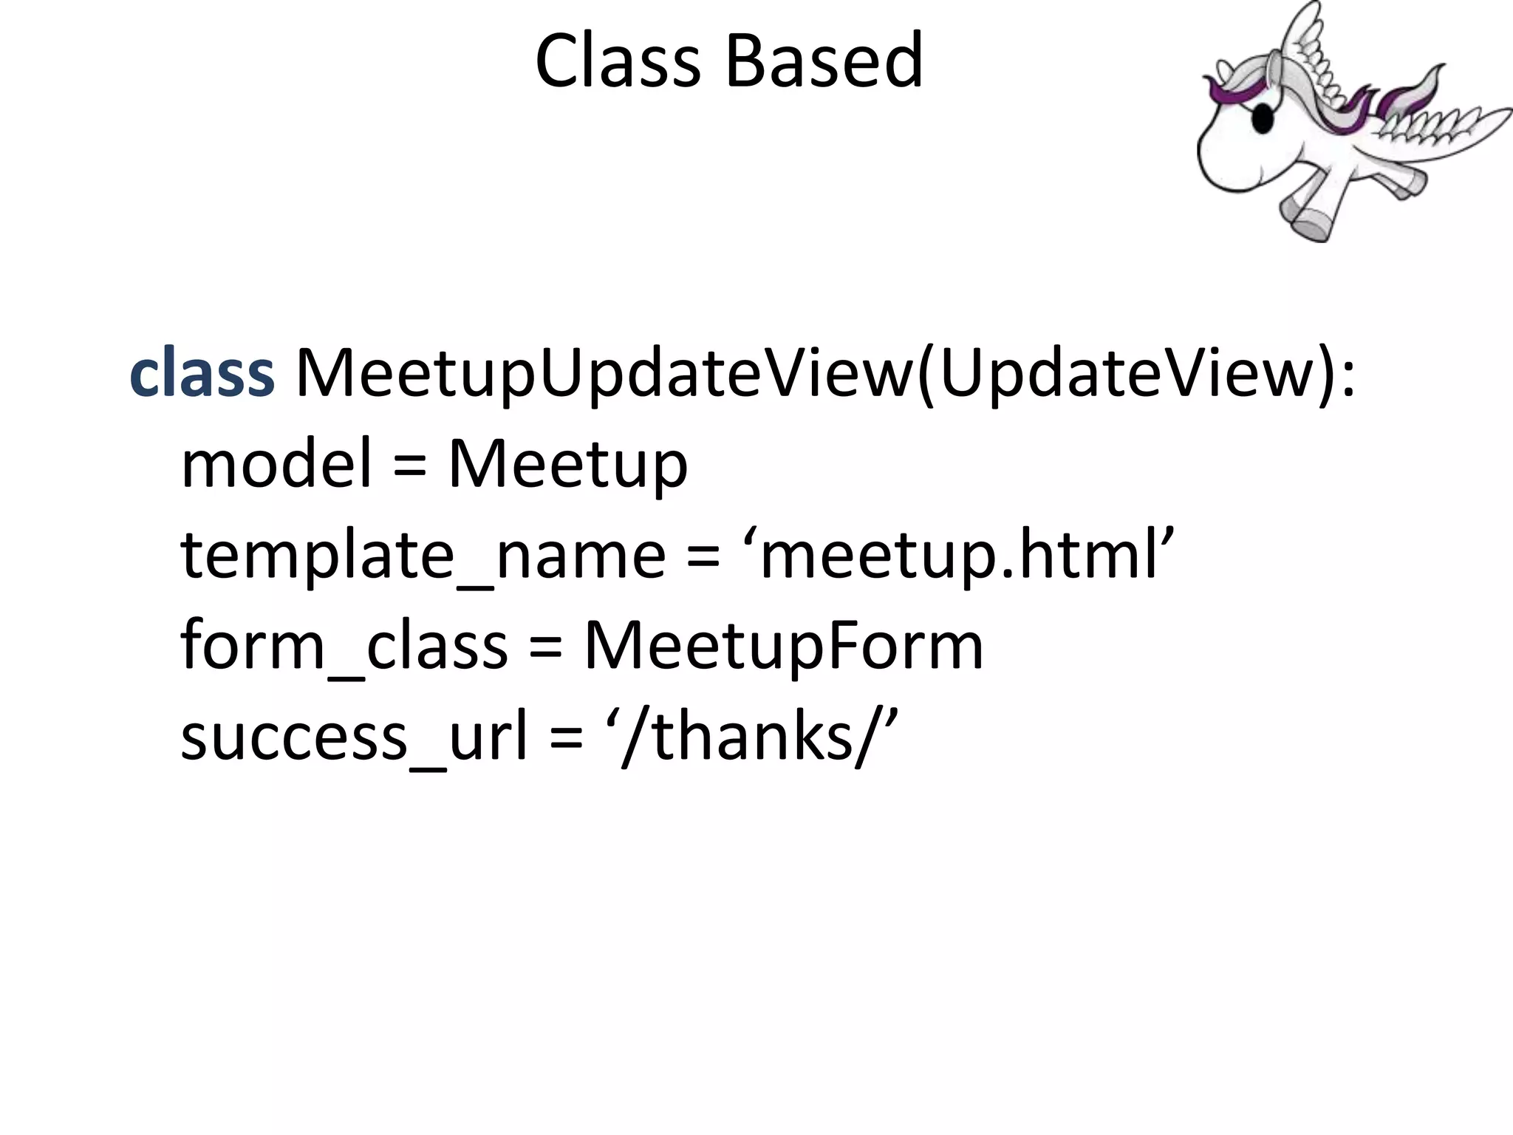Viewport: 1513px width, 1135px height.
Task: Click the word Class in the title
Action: [617, 61]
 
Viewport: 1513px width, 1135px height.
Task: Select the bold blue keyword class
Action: [202, 373]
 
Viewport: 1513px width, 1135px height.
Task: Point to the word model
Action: [276, 464]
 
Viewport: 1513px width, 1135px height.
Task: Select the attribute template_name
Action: [423, 556]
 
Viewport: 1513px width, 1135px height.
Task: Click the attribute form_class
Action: [344, 646]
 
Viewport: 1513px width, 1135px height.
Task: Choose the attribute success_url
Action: [355, 737]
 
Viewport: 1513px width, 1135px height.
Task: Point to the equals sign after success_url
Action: [567, 739]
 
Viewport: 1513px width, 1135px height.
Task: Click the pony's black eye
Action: [1263, 119]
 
